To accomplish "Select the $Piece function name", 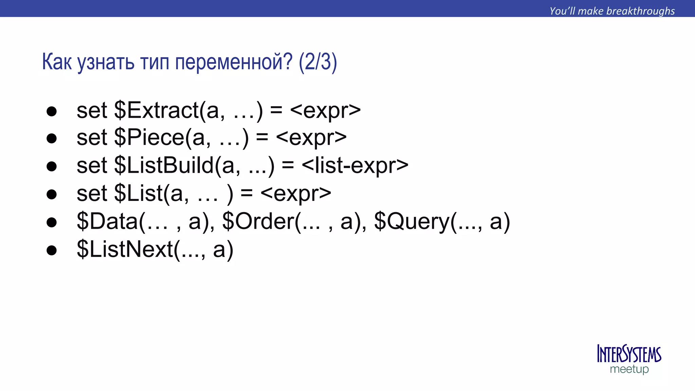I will (x=149, y=138).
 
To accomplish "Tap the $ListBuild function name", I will (x=164, y=166).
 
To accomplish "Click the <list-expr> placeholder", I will (x=355, y=166).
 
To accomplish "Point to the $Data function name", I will (x=107, y=221).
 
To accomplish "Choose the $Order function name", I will (x=258, y=221).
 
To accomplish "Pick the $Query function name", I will (x=412, y=222).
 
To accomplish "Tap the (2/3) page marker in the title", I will (x=318, y=62).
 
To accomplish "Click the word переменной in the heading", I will (x=233, y=62).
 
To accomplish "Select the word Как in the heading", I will (x=57, y=62).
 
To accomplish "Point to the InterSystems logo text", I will (x=629, y=354).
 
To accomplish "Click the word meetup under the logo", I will (x=629, y=369).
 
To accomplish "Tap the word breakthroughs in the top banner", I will (x=640, y=11).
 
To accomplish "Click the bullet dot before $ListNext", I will (x=52, y=250).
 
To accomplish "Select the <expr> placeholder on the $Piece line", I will (x=311, y=138).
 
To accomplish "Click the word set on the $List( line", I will (x=92, y=193).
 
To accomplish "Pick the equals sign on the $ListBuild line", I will (x=287, y=166).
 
